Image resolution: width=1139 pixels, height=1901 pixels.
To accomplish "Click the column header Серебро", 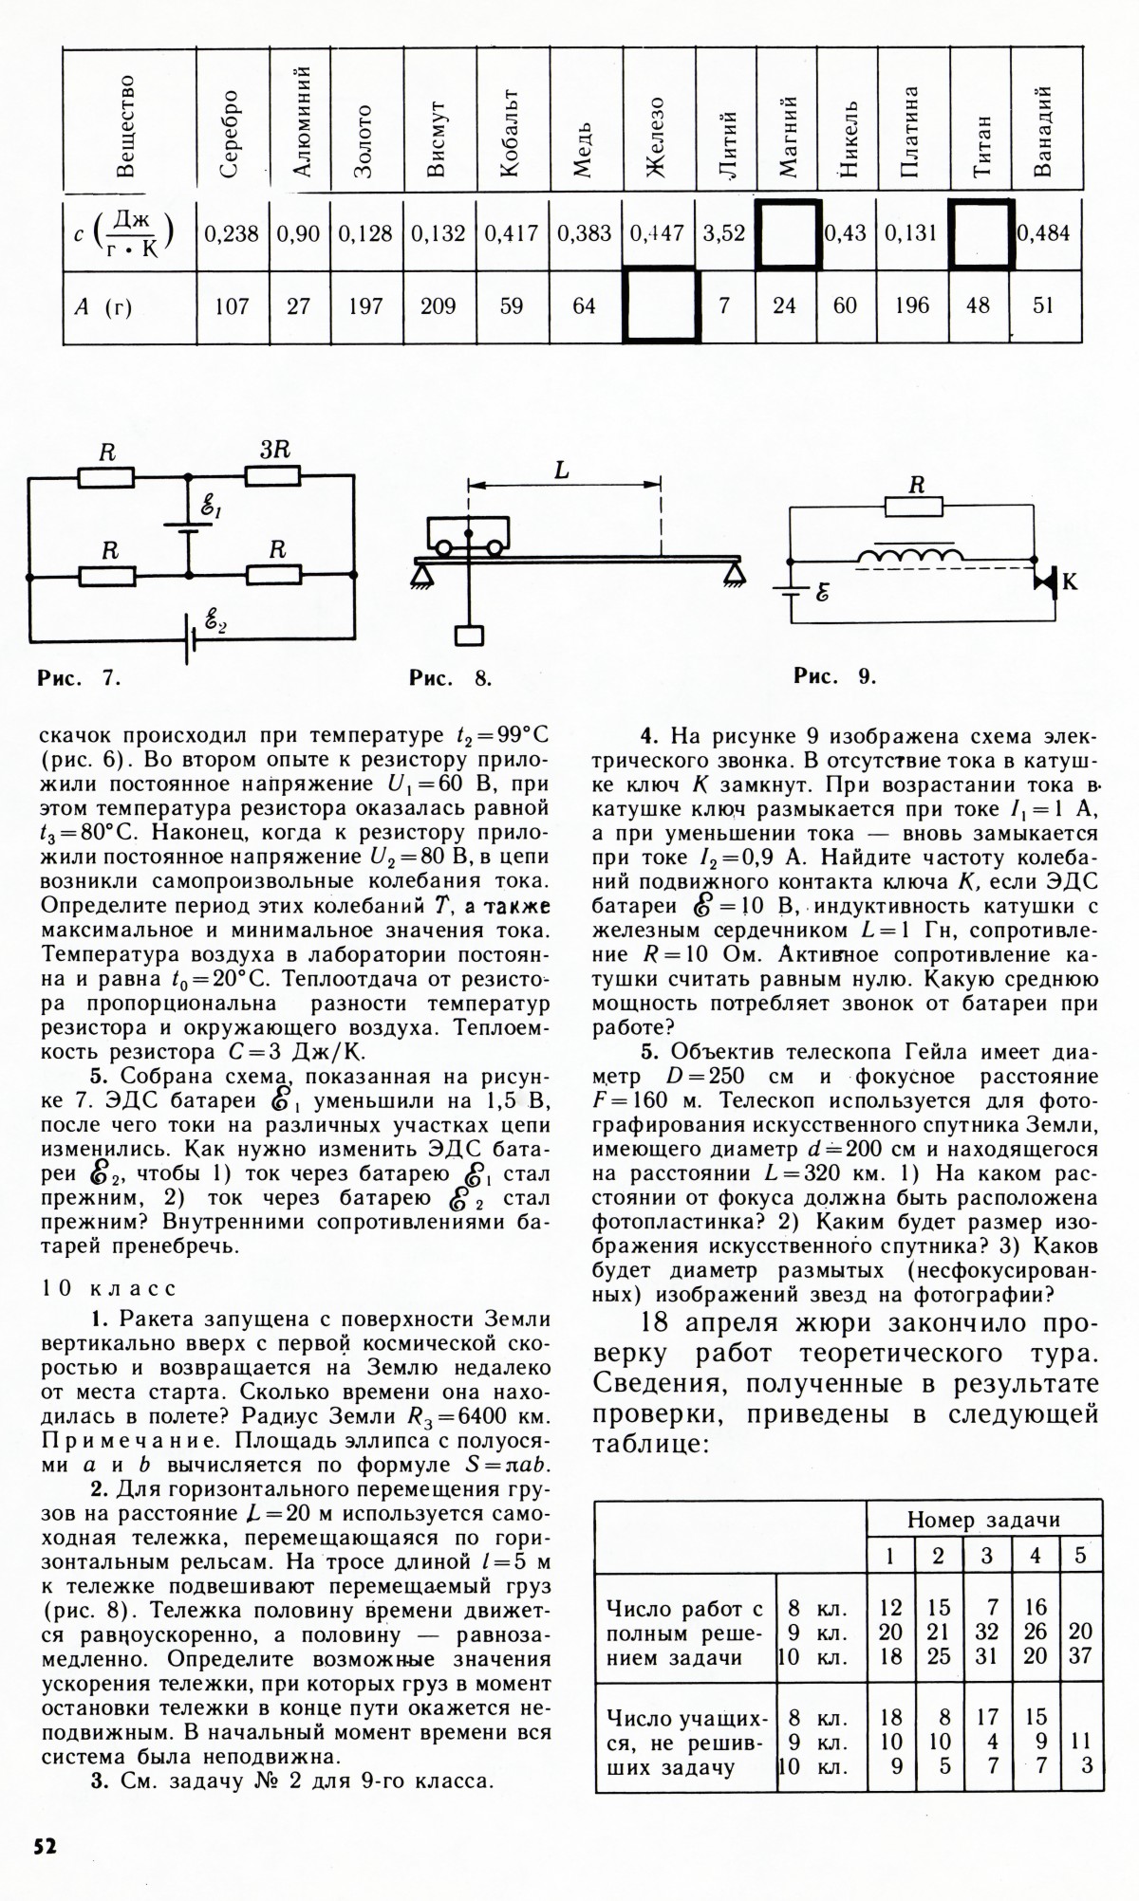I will click(231, 133).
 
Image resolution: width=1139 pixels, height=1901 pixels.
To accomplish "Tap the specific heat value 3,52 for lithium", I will click(723, 233).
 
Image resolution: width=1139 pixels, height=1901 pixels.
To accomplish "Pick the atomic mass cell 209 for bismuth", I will click(438, 306).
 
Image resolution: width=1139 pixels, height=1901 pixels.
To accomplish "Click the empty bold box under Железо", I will click(661, 305).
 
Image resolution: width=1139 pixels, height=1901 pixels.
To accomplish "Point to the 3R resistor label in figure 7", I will click(274, 452).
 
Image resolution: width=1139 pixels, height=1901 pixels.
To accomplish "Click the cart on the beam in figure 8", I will click(467, 535).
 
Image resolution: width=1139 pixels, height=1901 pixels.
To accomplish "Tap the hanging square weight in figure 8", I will click(470, 635).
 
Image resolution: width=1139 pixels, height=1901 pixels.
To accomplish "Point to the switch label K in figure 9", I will click(1069, 582).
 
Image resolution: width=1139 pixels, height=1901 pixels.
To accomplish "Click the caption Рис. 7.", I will click(80, 677).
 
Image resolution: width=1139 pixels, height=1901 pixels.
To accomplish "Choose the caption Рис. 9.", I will click(835, 675).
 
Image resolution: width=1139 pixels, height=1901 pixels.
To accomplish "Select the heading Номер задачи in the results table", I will click(983, 1519).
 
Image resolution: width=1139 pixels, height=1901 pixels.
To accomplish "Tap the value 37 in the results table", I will click(1080, 1656).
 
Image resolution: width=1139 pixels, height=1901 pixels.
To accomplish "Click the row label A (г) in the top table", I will click(103, 306).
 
